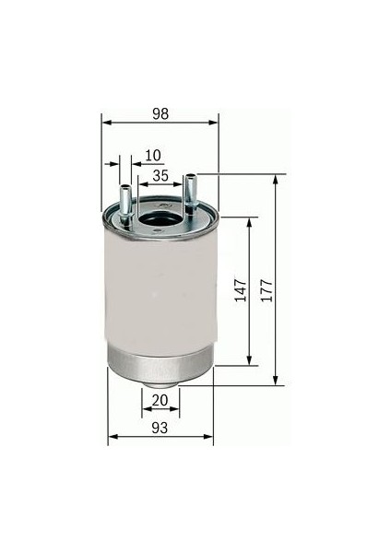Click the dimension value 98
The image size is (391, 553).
160,113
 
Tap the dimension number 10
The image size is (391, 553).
153,155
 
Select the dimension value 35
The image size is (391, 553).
160,175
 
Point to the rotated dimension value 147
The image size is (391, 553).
241,290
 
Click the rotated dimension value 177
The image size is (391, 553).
267,290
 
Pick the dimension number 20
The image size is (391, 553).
160,400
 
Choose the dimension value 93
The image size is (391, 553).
160,428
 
